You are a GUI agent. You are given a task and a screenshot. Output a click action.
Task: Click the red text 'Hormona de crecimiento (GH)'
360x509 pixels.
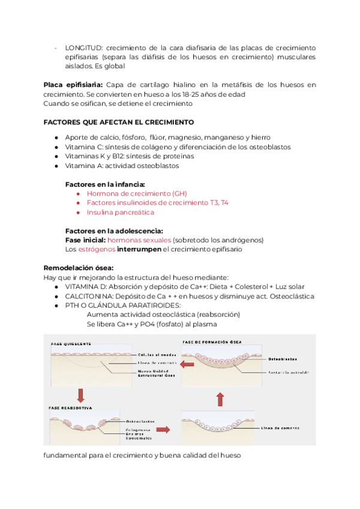(137, 193)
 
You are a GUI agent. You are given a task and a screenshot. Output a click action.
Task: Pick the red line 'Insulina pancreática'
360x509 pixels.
(120, 212)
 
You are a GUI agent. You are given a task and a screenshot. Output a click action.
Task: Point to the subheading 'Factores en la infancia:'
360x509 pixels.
(105, 184)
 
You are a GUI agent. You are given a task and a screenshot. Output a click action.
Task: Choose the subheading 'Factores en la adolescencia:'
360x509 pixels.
(113, 230)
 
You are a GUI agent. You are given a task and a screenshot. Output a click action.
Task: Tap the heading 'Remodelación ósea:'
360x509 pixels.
(79, 268)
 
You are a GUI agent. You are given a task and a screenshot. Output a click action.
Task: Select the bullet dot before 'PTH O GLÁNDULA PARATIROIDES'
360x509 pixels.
(56, 305)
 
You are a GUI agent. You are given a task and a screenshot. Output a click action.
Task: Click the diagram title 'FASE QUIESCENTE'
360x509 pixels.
(70, 344)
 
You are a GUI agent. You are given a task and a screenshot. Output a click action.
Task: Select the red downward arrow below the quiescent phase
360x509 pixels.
(80, 394)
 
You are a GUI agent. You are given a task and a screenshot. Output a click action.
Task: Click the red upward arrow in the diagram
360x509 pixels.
(220, 399)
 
